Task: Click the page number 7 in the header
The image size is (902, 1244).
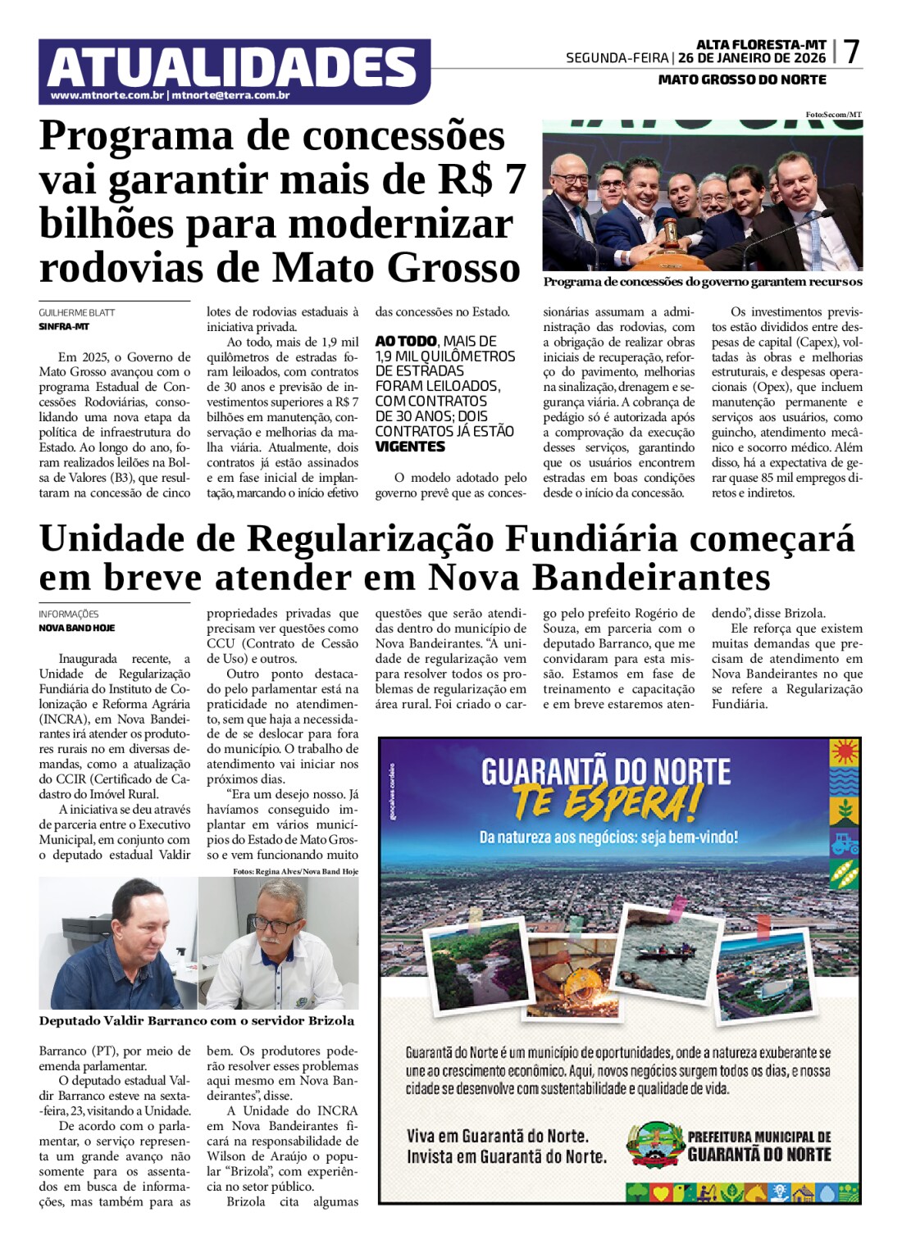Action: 851,52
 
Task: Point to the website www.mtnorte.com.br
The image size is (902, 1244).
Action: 107,95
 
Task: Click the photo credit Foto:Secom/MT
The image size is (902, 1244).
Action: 833,115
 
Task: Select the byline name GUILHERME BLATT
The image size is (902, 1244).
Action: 77,312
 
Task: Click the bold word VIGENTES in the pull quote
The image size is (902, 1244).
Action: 410,447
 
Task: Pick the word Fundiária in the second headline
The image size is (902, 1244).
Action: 591,538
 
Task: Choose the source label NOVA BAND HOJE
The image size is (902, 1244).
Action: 77,628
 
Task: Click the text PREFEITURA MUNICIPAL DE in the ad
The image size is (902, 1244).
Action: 758,1137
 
